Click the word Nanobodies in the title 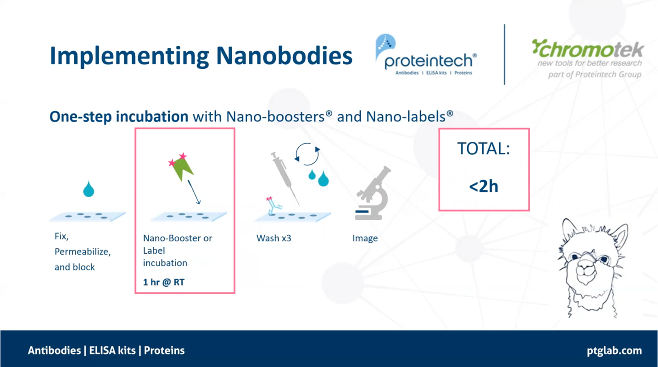pos(284,56)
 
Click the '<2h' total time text pos(484,187)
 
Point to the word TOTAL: pos(484,149)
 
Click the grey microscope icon pos(373,193)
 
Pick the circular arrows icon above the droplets pos(307,154)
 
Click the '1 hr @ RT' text pos(164,282)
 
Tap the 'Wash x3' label pos(274,239)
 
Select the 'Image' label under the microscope pos(365,239)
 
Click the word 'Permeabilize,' pos(83,252)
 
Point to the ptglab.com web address pos(614,351)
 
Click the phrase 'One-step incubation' pos(119,117)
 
